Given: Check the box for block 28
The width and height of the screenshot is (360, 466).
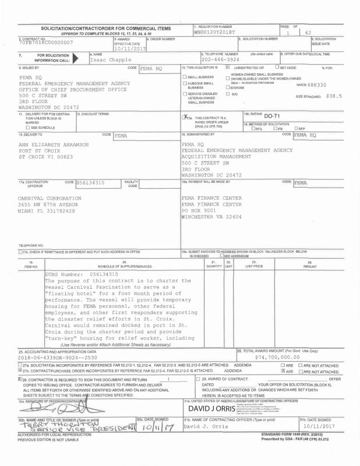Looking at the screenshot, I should coord(21,379).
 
